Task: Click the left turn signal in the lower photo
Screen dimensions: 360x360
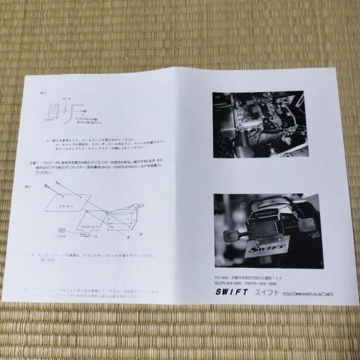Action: pyautogui.click(x=230, y=235)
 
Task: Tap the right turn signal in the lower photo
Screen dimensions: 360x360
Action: pyautogui.click(x=307, y=225)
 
